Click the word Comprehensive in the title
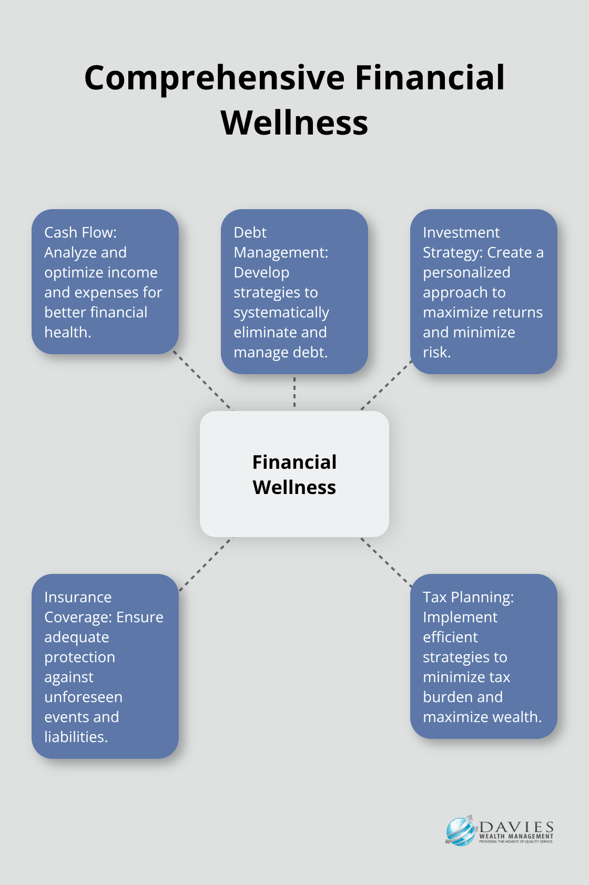(x=215, y=78)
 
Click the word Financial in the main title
(x=430, y=78)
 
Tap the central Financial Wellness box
(x=294, y=474)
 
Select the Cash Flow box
(x=105, y=282)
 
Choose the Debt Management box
(x=294, y=292)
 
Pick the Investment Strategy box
(x=483, y=292)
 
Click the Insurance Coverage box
(x=105, y=666)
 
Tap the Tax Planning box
(x=483, y=656)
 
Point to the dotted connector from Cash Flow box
(x=202, y=381)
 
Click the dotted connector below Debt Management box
(x=294, y=392)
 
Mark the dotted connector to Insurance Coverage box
(x=205, y=564)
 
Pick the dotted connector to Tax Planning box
(x=386, y=562)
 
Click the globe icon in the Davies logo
(x=460, y=831)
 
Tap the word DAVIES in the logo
(x=517, y=827)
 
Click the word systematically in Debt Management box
(x=281, y=313)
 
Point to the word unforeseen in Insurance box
(x=83, y=697)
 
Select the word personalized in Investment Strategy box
(x=466, y=273)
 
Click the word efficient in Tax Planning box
(x=450, y=637)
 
